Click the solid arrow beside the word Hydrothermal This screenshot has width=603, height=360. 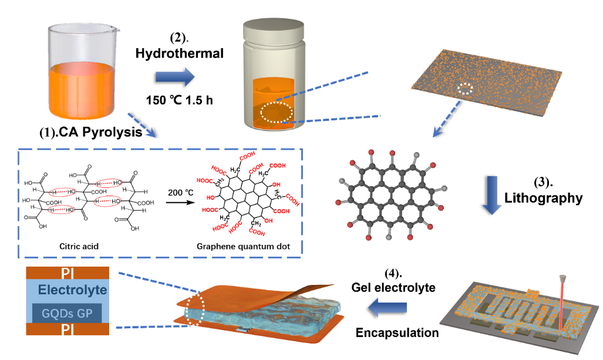click(174, 77)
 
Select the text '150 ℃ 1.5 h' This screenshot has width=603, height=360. click(179, 99)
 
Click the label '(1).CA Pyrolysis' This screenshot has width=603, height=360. click(90, 133)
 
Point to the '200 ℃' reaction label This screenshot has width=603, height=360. click(180, 193)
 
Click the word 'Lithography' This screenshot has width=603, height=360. click(544, 198)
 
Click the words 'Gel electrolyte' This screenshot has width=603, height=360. click(393, 287)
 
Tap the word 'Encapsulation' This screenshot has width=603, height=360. click(397, 332)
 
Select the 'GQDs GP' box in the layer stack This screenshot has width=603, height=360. click(70, 312)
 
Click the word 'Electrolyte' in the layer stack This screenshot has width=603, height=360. click(72, 290)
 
